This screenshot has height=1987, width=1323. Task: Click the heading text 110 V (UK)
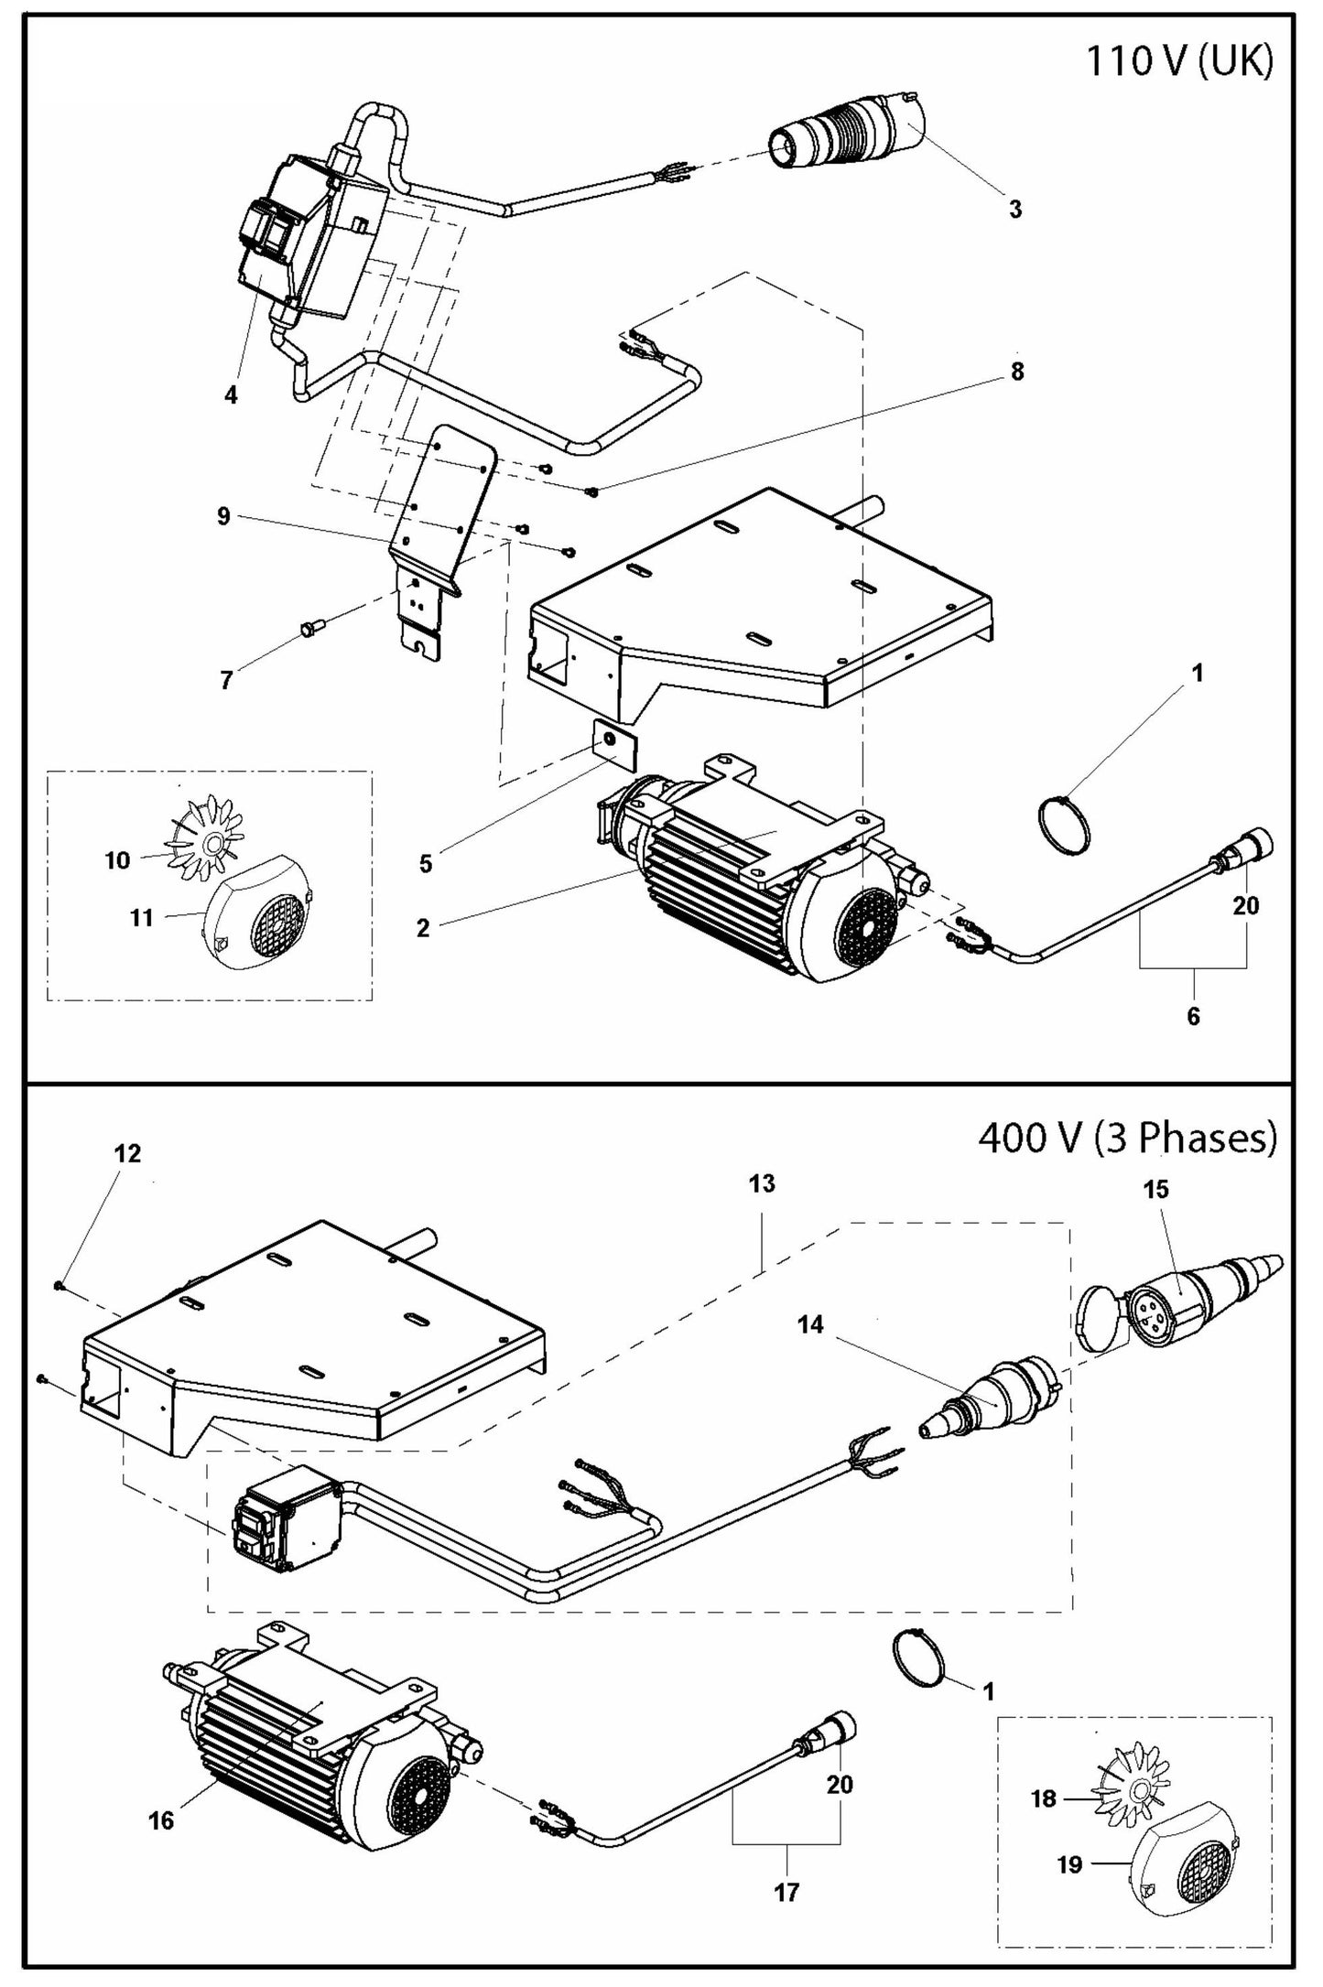click(1179, 63)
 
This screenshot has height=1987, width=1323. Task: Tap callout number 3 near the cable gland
click(1015, 209)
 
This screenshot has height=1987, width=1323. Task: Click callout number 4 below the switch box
click(231, 395)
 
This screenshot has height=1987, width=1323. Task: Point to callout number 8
click(1017, 372)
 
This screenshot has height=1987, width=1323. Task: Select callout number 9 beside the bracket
click(223, 517)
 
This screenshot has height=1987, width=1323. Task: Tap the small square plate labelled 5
click(611, 740)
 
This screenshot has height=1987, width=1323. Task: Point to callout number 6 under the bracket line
click(1193, 1016)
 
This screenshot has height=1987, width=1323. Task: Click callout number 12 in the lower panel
click(127, 1154)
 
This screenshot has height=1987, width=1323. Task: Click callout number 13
click(761, 1183)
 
